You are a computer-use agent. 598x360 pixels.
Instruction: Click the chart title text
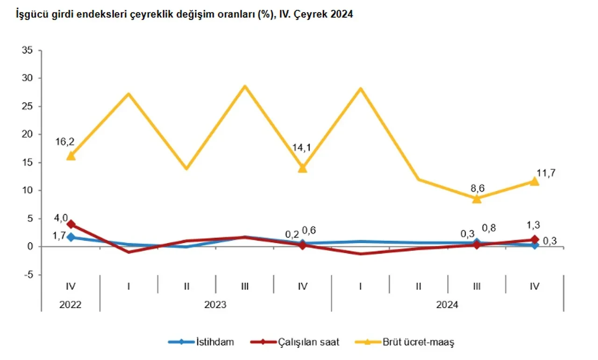pos(184,15)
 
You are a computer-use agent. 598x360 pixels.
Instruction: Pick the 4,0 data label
pos(62,217)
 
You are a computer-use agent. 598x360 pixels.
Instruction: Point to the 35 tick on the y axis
pos(28,50)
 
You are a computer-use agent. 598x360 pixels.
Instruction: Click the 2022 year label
pos(71,304)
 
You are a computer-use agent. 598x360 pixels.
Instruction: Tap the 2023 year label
pos(215,304)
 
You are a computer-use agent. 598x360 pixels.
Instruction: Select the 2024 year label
pos(447,304)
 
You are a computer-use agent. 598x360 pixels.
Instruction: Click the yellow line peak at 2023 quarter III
pos(244,86)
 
